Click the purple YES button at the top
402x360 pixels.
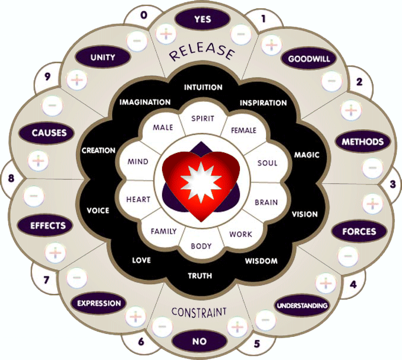pyautogui.click(x=202, y=19)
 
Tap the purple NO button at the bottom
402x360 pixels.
pyautogui.click(x=200, y=342)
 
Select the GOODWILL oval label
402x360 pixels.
pyautogui.click(x=308, y=59)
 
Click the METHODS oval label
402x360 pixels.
pyautogui.click(x=363, y=142)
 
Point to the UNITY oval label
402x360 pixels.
pyautogui.click(x=103, y=58)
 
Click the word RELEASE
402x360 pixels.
pyautogui.click(x=201, y=53)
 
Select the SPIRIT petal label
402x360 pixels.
pyautogui.click(x=202, y=119)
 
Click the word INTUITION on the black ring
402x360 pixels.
pyautogui.click(x=203, y=88)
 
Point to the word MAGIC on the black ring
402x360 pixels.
pyautogui.click(x=306, y=155)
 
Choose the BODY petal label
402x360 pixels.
pyautogui.click(x=201, y=246)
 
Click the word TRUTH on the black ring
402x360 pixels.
pyautogui.click(x=200, y=276)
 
